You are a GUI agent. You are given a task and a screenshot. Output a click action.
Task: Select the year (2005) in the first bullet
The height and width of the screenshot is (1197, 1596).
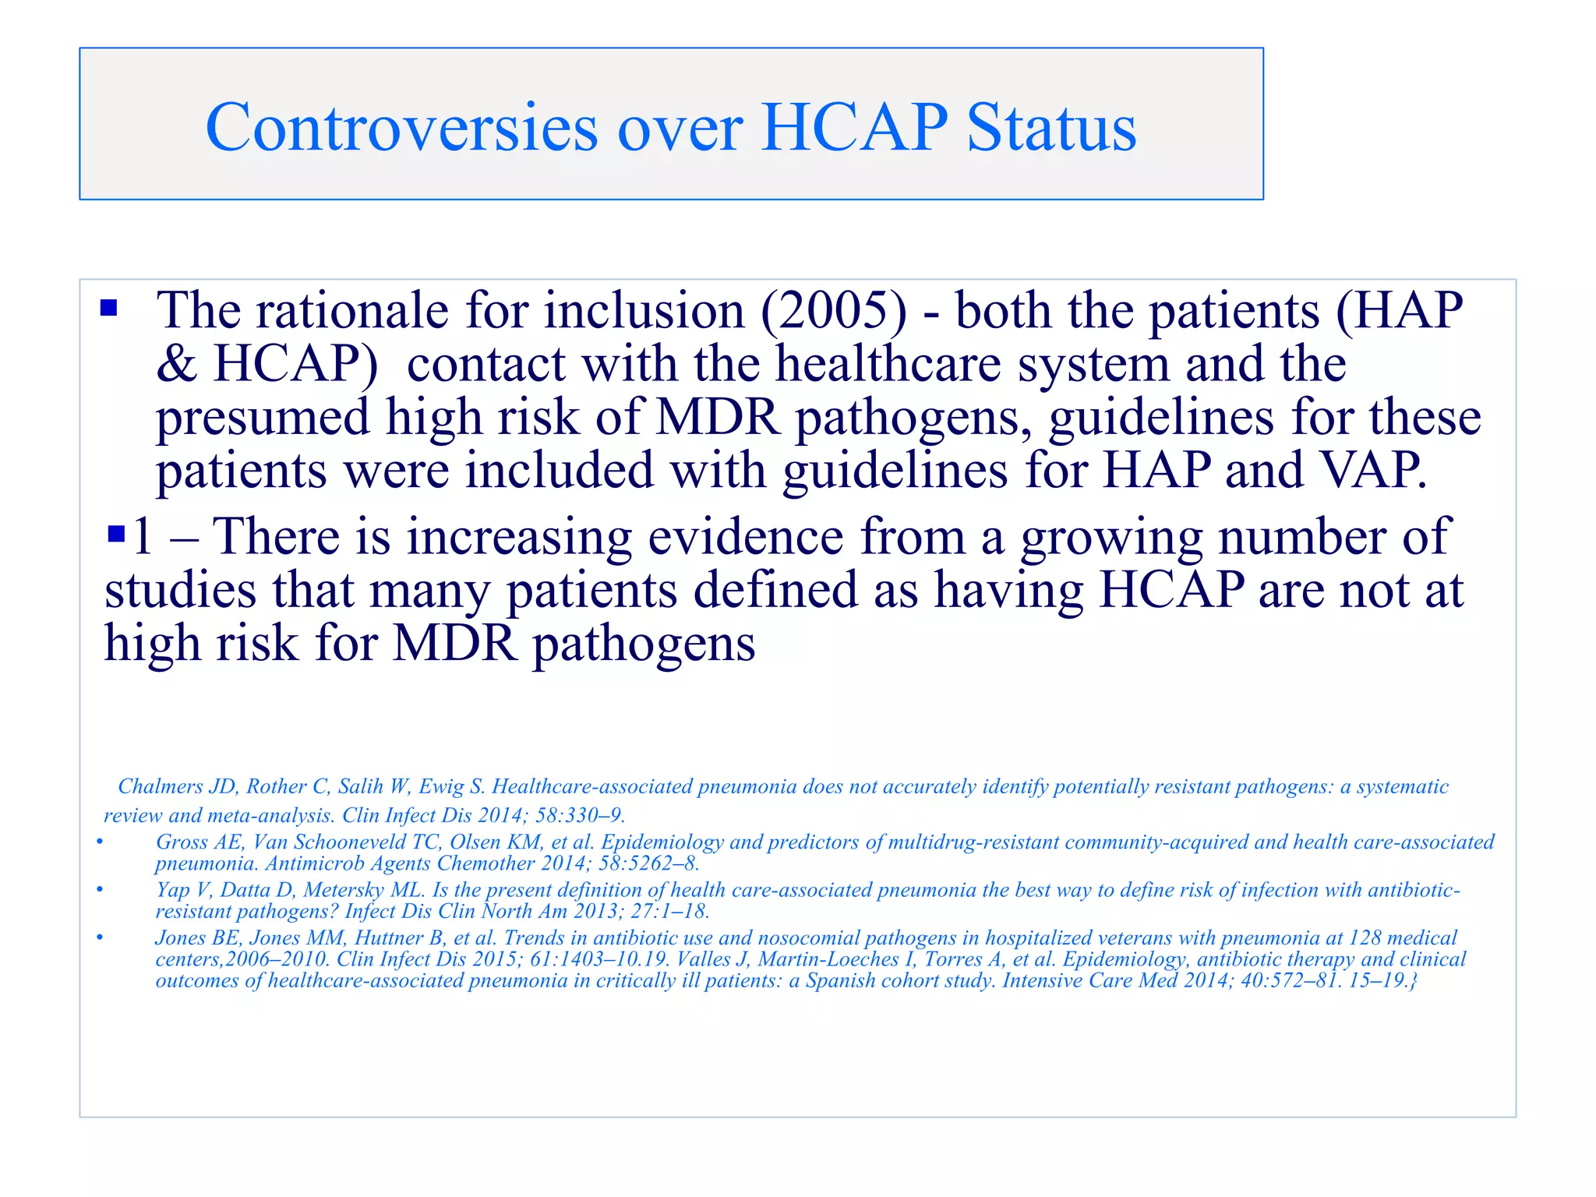tap(834, 311)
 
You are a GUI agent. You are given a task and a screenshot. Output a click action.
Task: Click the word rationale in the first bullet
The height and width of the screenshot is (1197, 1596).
tap(355, 311)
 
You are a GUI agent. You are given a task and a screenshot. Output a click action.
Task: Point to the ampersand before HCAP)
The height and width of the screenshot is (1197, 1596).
tap(177, 364)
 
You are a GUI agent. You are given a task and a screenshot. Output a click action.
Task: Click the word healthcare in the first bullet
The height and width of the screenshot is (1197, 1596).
tap(888, 364)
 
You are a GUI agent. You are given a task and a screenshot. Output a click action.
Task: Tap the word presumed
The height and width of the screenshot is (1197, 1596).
tap(263, 418)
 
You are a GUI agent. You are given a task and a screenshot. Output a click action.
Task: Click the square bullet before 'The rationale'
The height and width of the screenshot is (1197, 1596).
tap(108, 309)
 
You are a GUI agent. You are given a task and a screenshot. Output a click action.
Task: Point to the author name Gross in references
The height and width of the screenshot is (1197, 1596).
tap(180, 842)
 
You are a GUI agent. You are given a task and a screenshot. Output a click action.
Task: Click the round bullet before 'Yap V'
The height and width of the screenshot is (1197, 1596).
tap(100, 889)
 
